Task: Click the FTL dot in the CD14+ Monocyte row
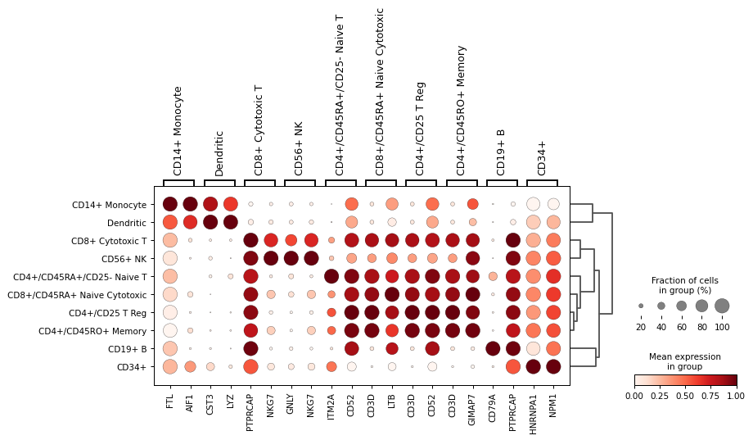point(169,204)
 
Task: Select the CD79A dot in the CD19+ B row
point(493,348)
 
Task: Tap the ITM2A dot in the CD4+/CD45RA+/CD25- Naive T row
point(331,276)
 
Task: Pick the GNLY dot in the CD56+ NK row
point(291,258)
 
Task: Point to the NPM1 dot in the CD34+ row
point(553,366)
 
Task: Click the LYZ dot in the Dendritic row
point(230,222)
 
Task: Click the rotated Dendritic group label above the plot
point(219,153)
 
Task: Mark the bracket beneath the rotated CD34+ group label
point(543,182)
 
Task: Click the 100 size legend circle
point(721,306)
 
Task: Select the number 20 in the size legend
point(641,327)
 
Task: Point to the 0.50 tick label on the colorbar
point(685,396)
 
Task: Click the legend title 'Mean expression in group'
point(684,362)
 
